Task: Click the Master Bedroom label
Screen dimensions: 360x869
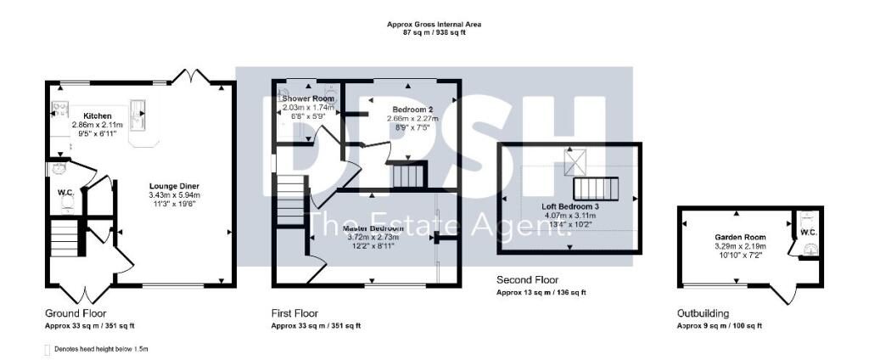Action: click(x=373, y=228)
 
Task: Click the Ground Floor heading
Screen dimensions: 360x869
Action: click(x=76, y=313)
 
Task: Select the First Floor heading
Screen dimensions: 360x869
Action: click(x=294, y=313)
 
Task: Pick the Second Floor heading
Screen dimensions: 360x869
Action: click(x=527, y=279)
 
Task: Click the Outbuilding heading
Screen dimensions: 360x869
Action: click(x=703, y=313)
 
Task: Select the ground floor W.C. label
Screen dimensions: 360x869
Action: click(x=65, y=193)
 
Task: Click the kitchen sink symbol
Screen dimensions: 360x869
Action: click(x=138, y=110)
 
